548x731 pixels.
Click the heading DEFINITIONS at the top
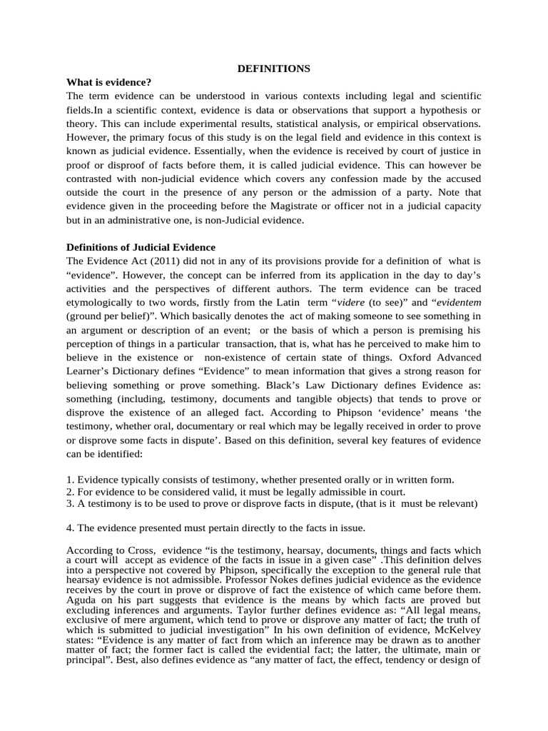click(x=273, y=69)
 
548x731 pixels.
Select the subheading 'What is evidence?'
click(x=108, y=82)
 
